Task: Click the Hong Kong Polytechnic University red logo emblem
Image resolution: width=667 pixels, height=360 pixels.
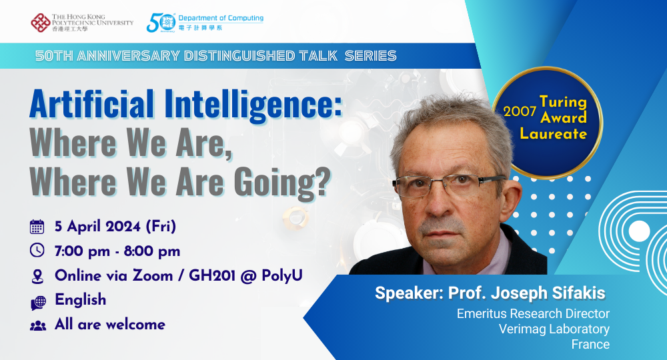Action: pyautogui.click(x=40, y=22)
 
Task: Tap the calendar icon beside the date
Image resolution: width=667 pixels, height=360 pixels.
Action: pyautogui.click(x=37, y=227)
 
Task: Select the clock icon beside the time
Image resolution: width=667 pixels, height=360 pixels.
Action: pyautogui.click(x=37, y=251)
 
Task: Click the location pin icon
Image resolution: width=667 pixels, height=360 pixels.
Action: pyautogui.click(x=37, y=275)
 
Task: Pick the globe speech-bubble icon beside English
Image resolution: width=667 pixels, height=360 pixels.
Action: pyautogui.click(x=38, y=301)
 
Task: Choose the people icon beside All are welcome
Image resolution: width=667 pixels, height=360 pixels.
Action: pyautogui.click(x=38, y=325)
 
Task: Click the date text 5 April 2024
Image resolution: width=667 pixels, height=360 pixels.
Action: pyautogui.click(x=100, y=227)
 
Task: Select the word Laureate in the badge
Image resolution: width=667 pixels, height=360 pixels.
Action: pyautogui.click(x=563, y=133)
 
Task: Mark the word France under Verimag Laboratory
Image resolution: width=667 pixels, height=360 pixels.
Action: pyautogui.click(x=590, y=345)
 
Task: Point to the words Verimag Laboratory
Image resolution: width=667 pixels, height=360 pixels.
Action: pyautogui.click(x=554, y=329)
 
